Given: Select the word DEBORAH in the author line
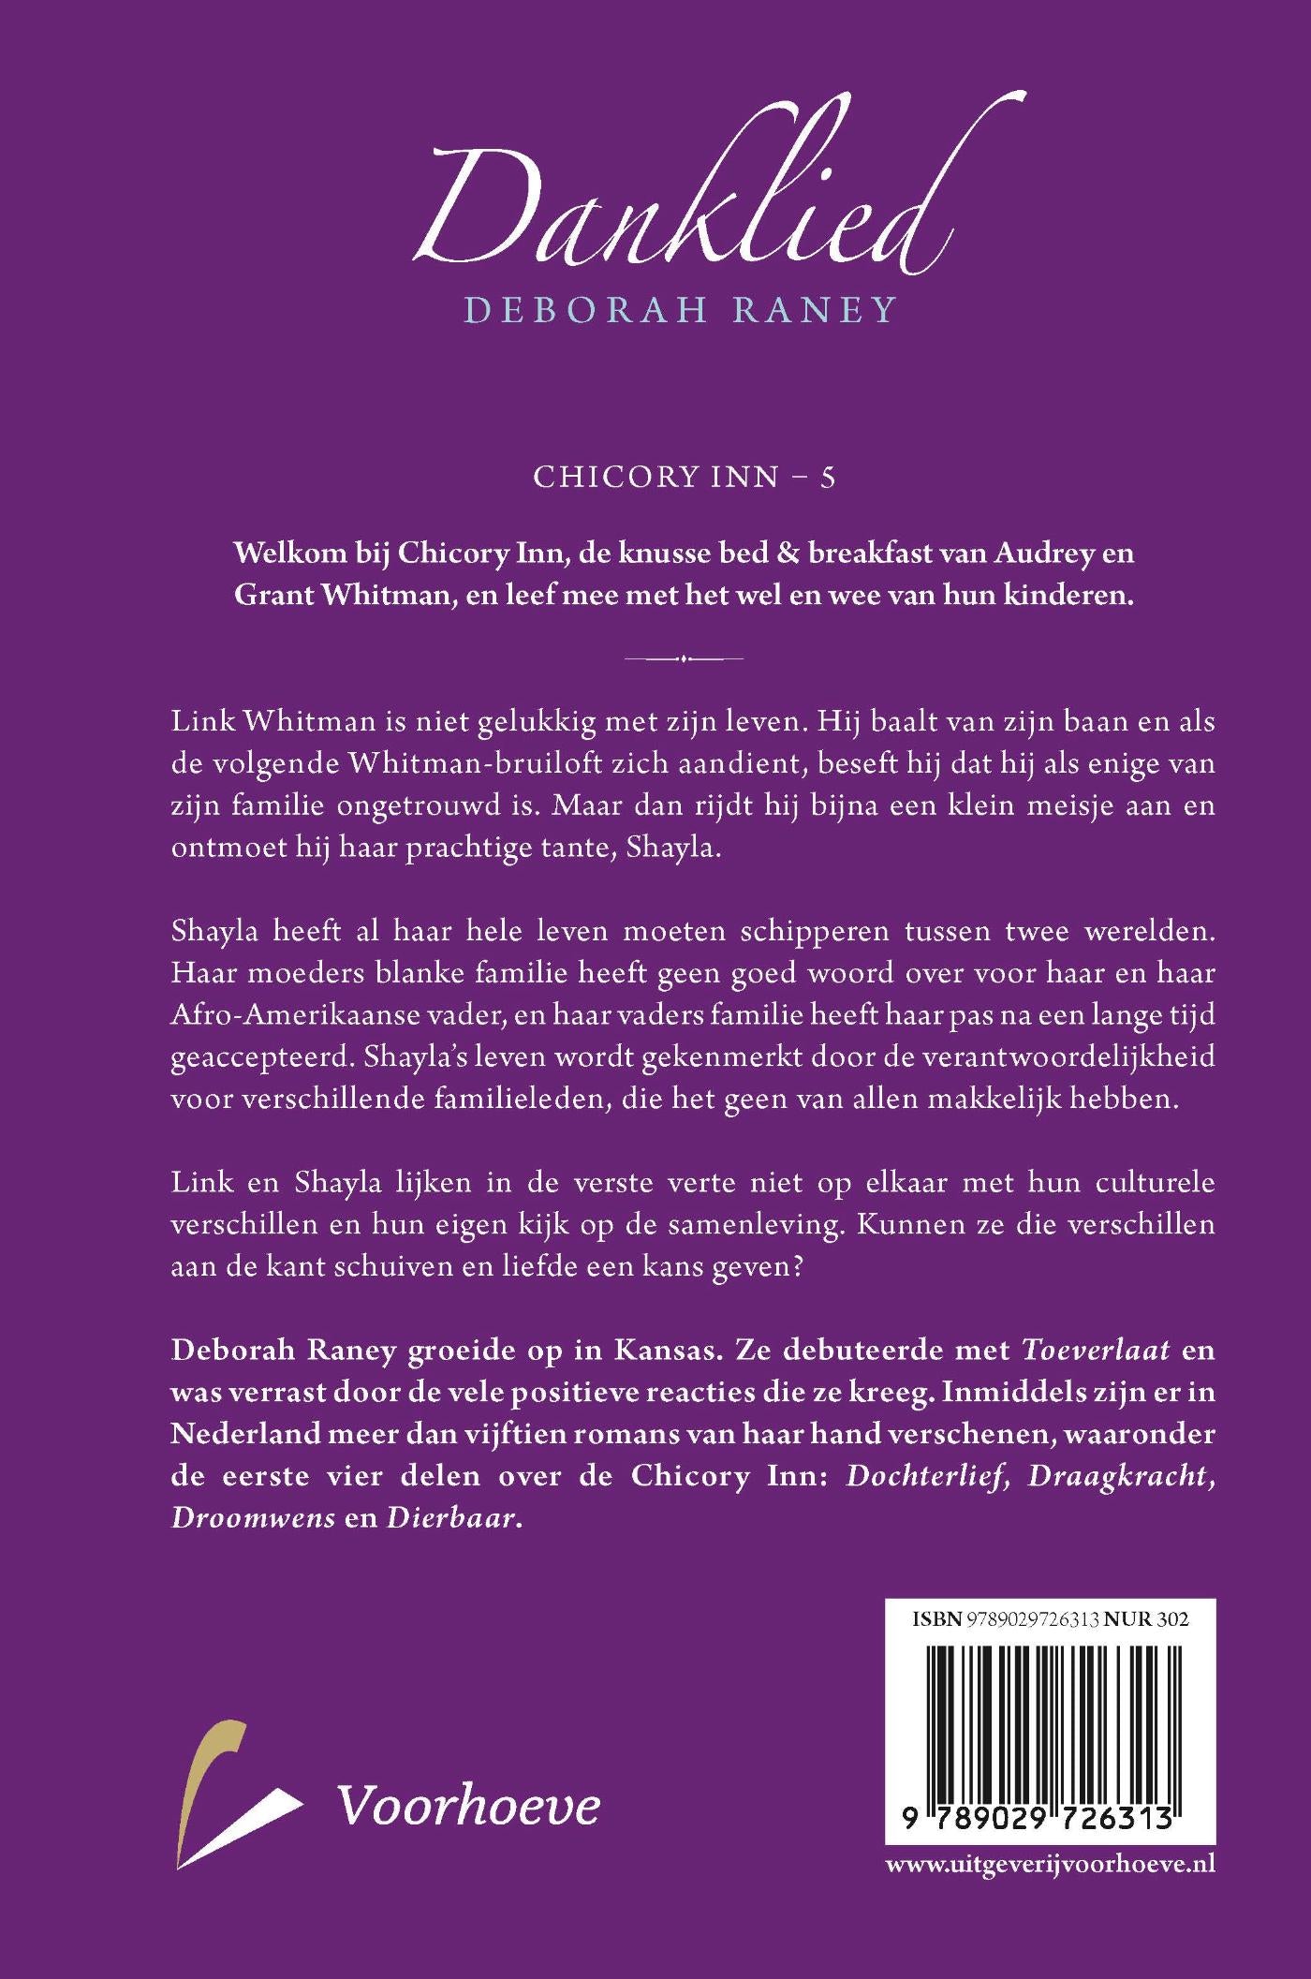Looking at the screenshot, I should click(586, 310).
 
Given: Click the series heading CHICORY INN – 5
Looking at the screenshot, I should click(684, 477).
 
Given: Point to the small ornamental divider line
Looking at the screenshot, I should click(684, 658).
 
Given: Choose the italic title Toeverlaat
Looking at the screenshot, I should click(1097, 1350).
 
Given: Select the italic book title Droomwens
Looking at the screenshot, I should click(253, 1517).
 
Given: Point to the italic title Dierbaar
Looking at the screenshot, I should click(451, 1517).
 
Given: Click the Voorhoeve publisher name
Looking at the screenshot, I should click(468, 1806).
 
